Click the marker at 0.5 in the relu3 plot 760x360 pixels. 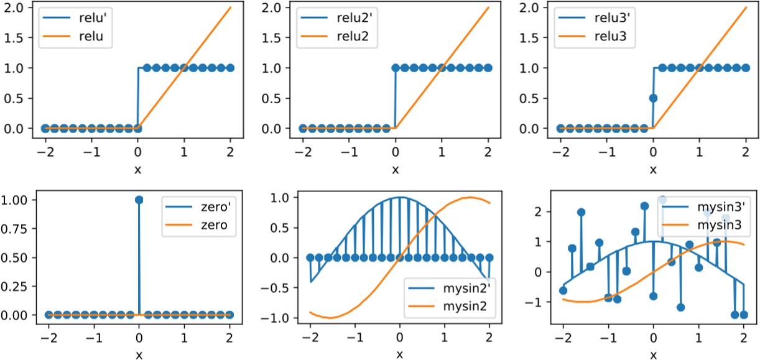[653, 98]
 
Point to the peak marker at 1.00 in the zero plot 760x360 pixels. [139, 200]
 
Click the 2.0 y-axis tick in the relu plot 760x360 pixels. [21, 7]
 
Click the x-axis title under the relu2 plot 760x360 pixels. [395, 169]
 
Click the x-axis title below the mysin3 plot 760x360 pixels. [653, 354]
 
